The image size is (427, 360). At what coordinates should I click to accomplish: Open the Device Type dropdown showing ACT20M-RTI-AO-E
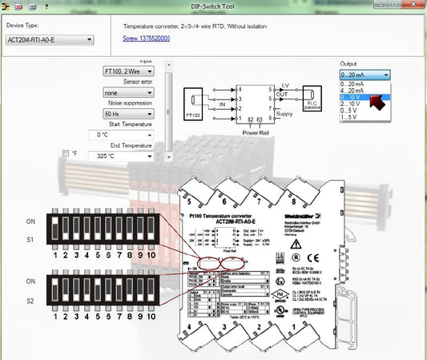click(49, 38)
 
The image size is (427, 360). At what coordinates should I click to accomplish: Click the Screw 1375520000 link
click(146, 38)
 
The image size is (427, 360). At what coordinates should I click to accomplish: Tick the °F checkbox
click(66, 152)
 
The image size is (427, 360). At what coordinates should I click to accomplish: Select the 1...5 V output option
click(352, 118)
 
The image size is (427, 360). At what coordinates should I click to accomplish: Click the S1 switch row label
click(31, 239)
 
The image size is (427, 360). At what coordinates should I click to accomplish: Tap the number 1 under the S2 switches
click(54, 319)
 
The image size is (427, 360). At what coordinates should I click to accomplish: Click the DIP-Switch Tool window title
click(213, 6)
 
